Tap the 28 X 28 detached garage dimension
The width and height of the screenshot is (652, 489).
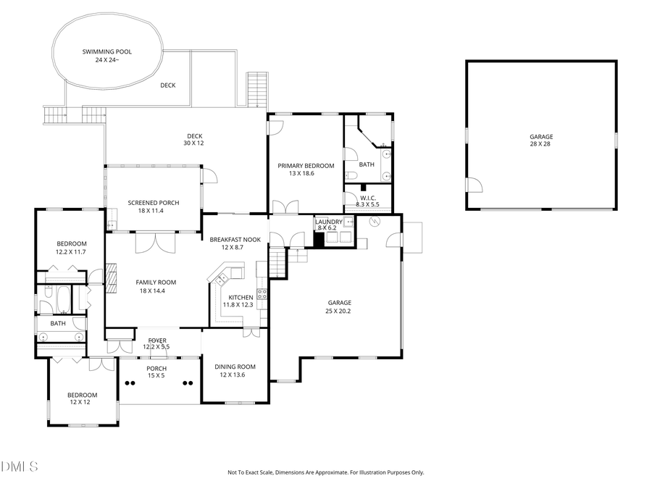540,144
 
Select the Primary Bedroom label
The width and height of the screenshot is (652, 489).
306,166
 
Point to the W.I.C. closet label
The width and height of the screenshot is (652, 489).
367,198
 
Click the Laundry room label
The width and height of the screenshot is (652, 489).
328,222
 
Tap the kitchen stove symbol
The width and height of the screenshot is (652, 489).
262,294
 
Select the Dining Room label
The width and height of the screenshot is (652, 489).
235,367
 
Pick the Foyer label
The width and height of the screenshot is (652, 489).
157,340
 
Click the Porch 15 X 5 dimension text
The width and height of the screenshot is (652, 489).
157,376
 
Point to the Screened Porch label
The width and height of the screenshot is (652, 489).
154,203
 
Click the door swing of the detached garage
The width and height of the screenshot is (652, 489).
474,185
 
